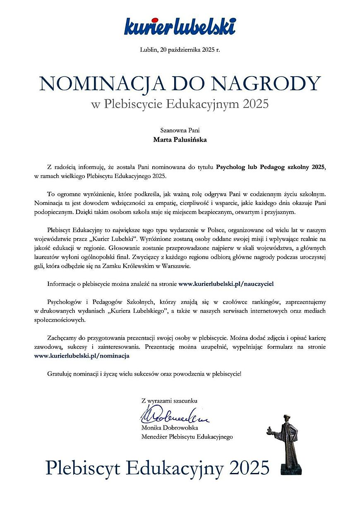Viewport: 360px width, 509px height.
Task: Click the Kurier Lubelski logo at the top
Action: tap(180, 26)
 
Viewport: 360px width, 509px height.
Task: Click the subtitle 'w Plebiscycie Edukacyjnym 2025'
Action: tap(180, 104)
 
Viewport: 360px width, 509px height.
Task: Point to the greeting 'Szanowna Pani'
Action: tap(180, 130)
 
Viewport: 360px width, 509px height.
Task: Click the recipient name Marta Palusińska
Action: tap(180, 139)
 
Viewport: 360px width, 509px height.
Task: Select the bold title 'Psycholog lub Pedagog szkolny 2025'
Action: tap(271, 167)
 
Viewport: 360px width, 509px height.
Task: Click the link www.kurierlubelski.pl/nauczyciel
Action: tap(226, 284)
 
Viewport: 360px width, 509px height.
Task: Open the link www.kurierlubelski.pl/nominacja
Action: tap(82, 355)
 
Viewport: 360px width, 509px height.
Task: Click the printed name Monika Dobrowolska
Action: tap(170, 427)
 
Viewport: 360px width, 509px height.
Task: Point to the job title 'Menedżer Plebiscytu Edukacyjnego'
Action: tap(187, 437)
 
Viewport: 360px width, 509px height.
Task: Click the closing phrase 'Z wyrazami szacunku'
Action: tap(169, 401)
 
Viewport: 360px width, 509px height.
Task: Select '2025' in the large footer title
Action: tap(249, 468)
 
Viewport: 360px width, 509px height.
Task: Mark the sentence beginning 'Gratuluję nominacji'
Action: tap(144, 374)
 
